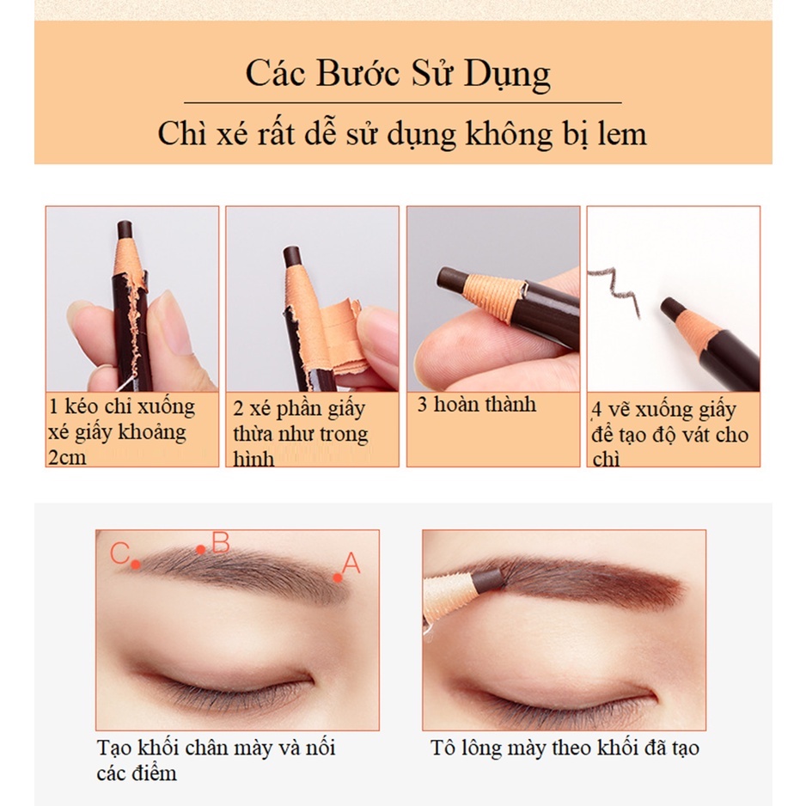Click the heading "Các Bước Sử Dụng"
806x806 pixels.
(398, 74)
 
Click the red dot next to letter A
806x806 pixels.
(339, 577)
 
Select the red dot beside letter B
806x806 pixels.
(200, 549)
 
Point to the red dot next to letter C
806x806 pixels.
(136, 565)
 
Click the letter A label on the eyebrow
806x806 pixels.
(351, 564)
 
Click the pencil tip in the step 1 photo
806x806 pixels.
(124, 230)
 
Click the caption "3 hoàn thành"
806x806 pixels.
(476, 405)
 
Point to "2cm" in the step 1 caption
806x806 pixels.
(67, 456)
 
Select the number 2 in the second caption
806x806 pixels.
(238, 408)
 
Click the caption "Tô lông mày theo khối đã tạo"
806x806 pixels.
(565, 748)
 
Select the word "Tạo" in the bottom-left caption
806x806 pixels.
(112, 748)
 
